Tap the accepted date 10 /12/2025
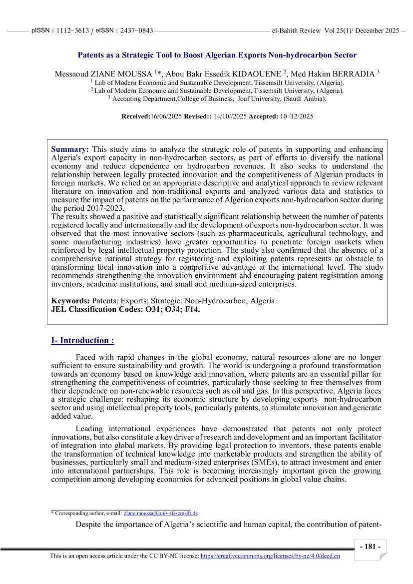pyautogui.click(x=296, y=116)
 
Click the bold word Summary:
pyautogui.click(x=70, y=149)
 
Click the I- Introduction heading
pyautogui.click(x=82, y=341)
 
